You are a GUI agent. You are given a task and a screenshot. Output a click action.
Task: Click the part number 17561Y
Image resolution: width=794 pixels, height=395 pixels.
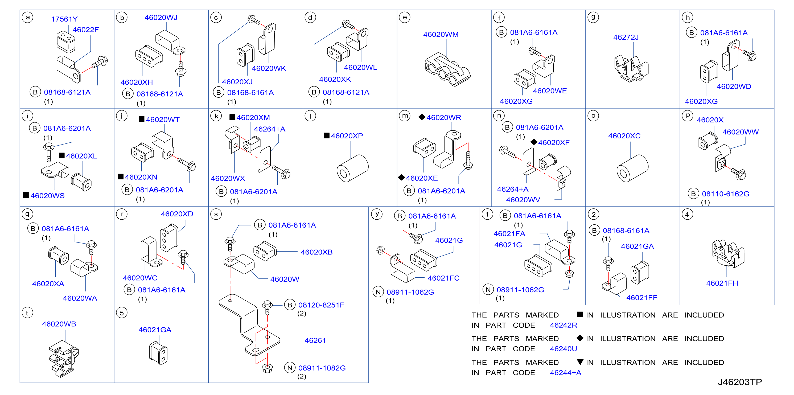(x=64, y=19)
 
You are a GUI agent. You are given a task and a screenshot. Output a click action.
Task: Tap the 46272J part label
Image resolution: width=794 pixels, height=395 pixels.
(x=626, y=37)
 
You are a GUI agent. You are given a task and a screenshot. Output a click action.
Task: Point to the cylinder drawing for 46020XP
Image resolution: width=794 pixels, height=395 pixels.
(x=352, y=168)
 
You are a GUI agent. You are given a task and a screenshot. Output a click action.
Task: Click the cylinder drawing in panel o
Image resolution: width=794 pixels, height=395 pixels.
(x=632, y=168)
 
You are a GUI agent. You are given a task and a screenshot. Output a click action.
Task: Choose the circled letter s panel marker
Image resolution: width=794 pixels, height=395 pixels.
(x=216, y=214)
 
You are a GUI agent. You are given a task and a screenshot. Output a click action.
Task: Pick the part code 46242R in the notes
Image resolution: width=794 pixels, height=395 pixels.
(x=563, y=325)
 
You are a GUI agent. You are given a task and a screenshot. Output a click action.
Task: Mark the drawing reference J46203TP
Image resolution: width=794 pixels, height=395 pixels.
(x=740, y=382)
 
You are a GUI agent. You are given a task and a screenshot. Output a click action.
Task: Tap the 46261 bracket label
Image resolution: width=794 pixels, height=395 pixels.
(x=315, y=340)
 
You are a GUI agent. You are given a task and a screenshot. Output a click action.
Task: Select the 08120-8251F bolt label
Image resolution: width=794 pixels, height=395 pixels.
(x=321, y=305)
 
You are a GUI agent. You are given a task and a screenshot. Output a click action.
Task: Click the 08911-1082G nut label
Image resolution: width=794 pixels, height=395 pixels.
(x=322, y=368)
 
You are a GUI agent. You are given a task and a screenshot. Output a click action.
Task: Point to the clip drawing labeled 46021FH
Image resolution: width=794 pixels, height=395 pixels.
(x=728, y=254)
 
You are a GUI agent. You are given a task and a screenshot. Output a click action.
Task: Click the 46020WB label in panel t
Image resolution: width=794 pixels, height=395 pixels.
(x=59, y=324)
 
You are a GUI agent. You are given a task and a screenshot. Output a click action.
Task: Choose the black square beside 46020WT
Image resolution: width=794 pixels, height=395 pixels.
(x=142, y=119)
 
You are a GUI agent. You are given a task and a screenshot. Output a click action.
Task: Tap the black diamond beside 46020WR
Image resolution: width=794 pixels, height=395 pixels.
(x=422, y=117)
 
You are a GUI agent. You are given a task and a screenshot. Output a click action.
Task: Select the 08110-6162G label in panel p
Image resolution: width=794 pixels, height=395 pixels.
(x=725, y=194)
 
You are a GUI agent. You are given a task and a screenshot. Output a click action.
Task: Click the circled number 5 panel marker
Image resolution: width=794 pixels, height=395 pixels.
(x=122, y=313)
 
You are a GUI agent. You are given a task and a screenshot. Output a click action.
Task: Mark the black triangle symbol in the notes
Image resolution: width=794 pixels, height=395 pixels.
(x=580, y=362)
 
